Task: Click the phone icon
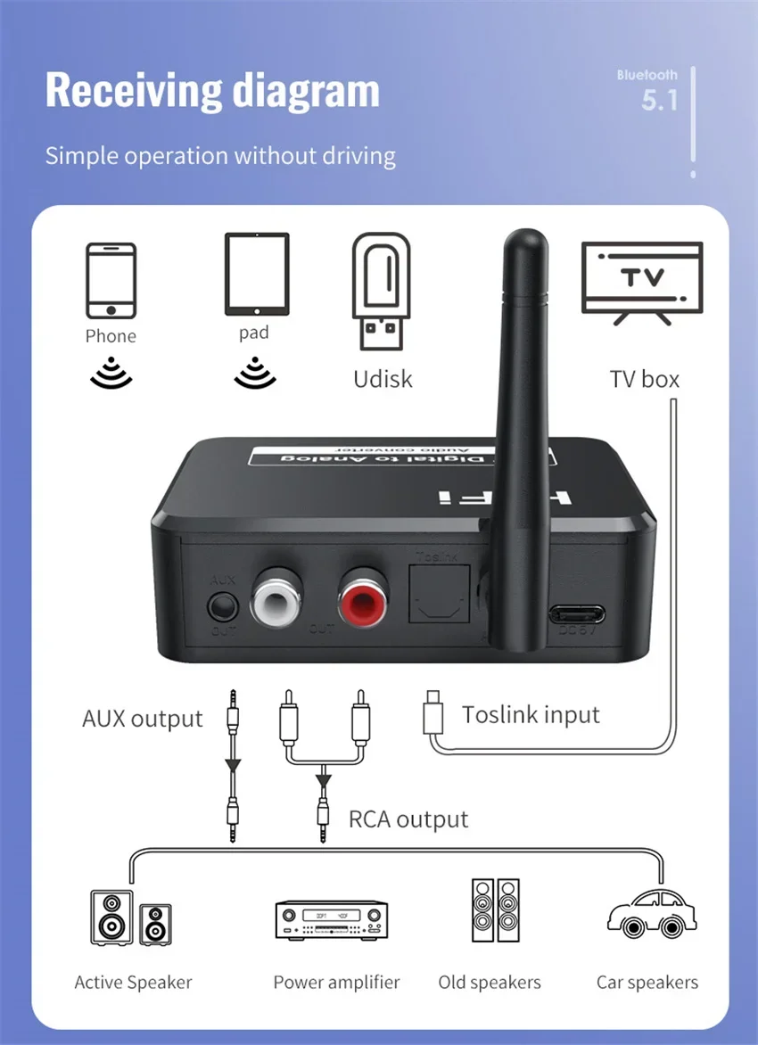pyautogui.click(x=111, y=280)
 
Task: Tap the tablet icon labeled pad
pyautogui.click(x=257, y=274)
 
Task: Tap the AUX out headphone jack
pyautogui.click(x=222, y=608)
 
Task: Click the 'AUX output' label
pyautogui.click(x=143, y=719)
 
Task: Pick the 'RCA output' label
pyautogui.click(x=408, y=819)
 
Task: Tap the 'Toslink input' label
pyautogui.click(x=531, y=714)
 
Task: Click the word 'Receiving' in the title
pyautogui.click(x=132, y=91)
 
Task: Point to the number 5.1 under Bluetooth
pyautogui.click(x=660, y=101)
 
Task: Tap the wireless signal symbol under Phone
pyautogui.click(x=111, y=374)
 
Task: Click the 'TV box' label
pyautogui.click(x=644, y=379)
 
